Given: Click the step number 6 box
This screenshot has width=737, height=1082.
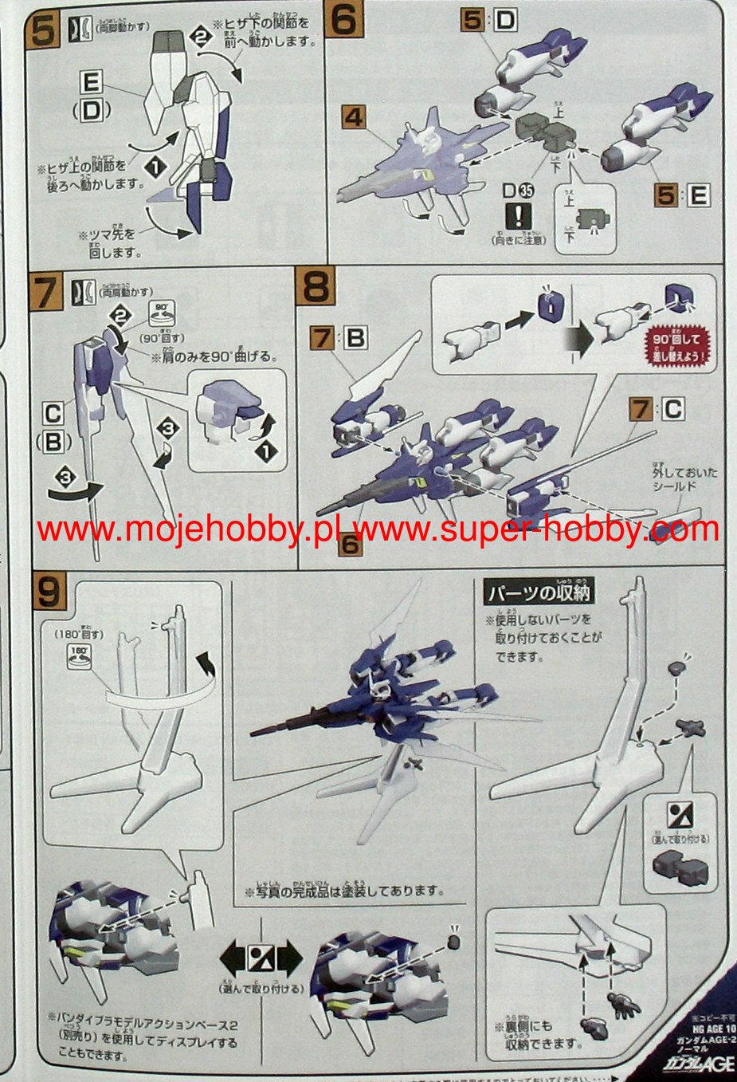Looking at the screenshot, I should point(343,21).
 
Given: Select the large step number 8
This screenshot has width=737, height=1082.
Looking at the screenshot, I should point(316,285).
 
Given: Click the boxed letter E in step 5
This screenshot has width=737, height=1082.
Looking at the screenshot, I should point(92,81).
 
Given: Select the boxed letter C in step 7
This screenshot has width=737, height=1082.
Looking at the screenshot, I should point(53,414).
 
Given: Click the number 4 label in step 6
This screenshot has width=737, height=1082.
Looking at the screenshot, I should point(353,118).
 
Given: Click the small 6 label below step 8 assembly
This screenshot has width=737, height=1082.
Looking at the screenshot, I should point(349,545).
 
